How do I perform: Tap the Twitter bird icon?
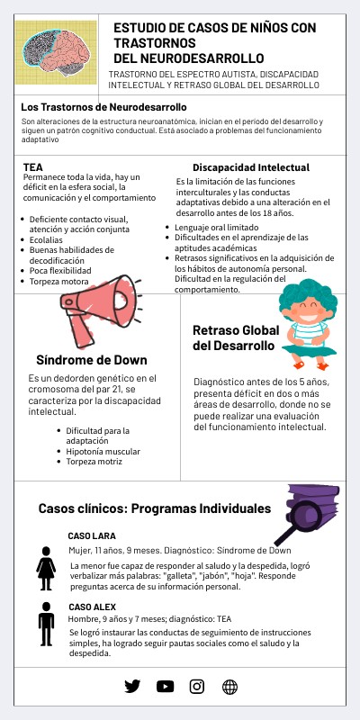(x=132, y=686)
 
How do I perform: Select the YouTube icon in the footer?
(x=165, y=686)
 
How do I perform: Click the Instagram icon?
(x=197, y=686)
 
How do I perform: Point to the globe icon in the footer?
(x=229, y=686)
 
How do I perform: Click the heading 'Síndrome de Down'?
(x=85, y=361)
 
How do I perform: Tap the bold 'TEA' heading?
(x=32, y=166)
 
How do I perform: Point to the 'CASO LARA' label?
(x=92, y=535)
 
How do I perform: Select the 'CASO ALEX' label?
(x=92, y=607)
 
